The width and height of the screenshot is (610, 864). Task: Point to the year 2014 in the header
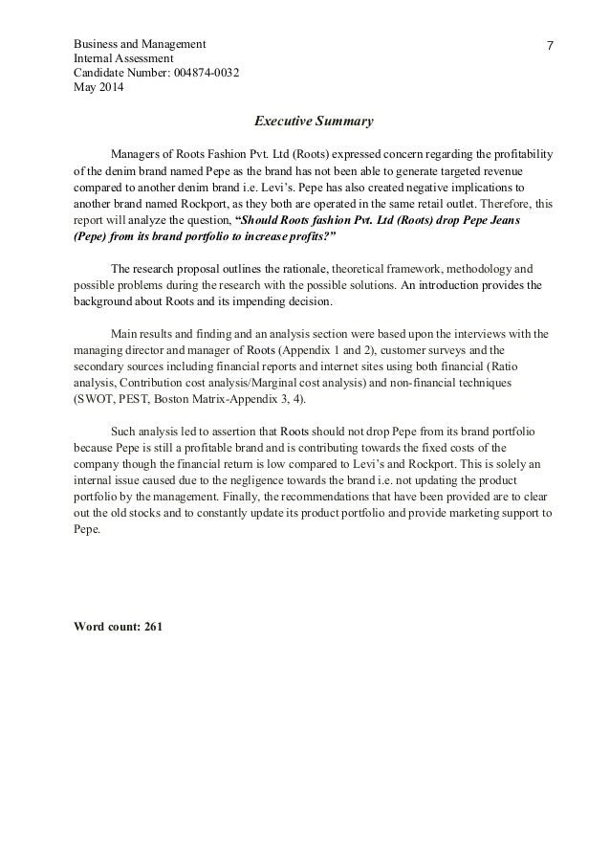coord(110,88)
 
